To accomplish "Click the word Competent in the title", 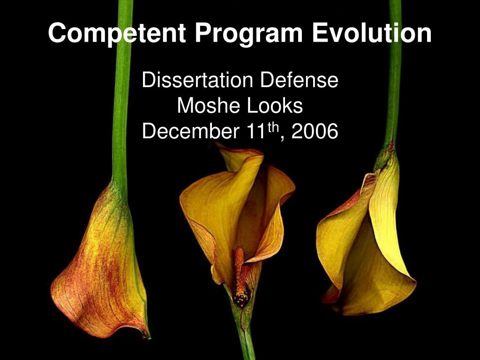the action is point(117,33).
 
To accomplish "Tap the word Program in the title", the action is point(248,34).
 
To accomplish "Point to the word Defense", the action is point(299,80).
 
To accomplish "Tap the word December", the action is point(190,131).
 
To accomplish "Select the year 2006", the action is point(315,131).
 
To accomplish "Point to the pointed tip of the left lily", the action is point(149,337).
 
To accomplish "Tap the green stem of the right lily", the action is point(394,74).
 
